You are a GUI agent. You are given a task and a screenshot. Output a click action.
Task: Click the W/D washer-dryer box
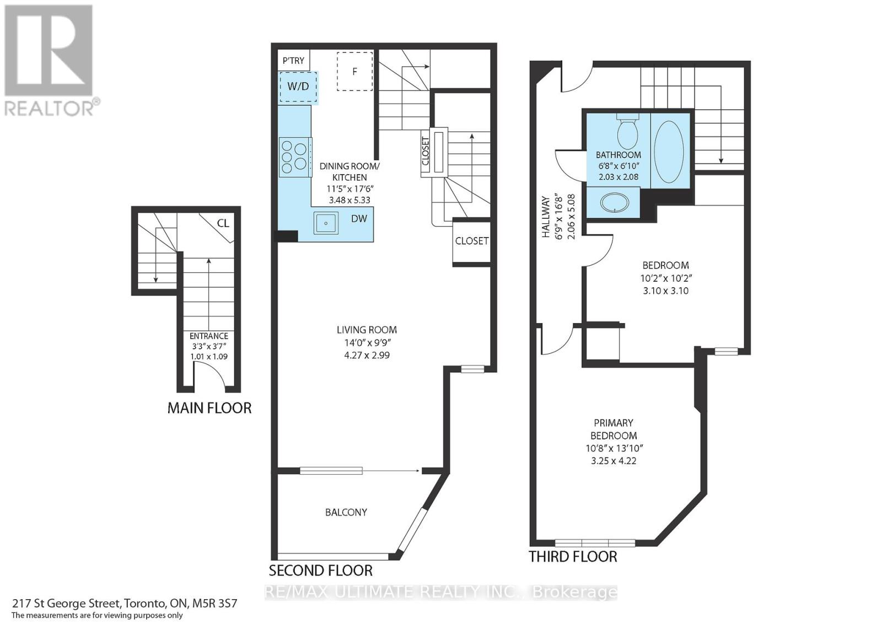(298, 87)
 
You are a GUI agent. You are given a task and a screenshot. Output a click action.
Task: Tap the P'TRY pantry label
(293, 61)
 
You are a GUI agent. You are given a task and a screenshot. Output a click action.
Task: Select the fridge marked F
(355, 71)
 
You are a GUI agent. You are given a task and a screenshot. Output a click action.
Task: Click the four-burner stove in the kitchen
(295, 157)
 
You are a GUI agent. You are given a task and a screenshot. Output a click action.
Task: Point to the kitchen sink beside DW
(326, 223)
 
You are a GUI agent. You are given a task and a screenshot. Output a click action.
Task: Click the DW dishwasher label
(359, 219)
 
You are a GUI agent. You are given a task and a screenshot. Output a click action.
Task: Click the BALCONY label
(346, 512)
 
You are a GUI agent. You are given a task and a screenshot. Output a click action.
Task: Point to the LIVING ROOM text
(367, 330)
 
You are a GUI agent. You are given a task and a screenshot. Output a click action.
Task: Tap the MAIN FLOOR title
(209, 408)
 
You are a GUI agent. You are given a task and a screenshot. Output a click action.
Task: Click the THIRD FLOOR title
(573, 557)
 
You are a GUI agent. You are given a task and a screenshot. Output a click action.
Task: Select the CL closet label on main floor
(223, 223)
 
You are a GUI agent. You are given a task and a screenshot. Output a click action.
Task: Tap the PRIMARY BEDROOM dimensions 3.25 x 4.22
(614, 461)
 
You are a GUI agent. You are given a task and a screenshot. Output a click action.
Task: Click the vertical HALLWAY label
(546, 217)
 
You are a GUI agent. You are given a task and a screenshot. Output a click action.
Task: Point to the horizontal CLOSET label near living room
(472, 241)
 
